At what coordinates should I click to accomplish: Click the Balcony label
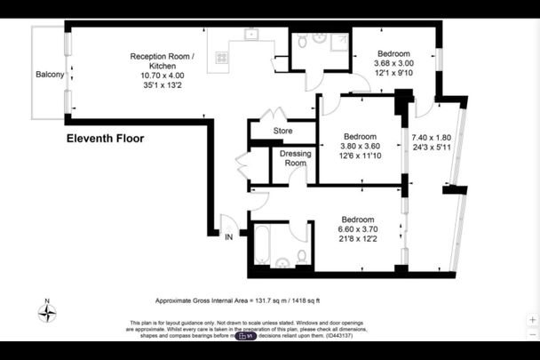49,74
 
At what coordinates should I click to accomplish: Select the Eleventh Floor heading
105,139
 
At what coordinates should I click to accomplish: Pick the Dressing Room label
295,158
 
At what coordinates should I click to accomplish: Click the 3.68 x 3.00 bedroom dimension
393,64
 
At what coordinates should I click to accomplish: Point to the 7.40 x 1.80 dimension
432,138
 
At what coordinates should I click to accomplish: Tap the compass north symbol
50,312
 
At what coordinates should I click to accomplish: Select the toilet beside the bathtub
302,257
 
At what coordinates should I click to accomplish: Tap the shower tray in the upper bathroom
337,43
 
